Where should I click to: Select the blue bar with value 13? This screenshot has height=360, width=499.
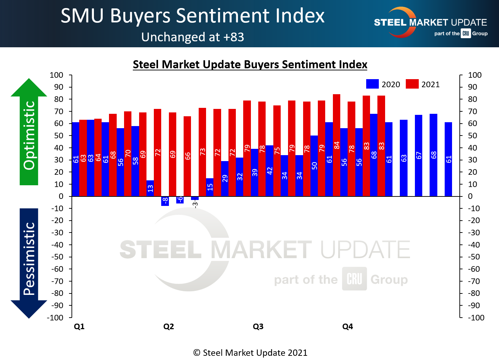150,188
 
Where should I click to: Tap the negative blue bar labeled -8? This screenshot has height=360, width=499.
165,201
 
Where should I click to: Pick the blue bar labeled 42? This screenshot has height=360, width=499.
269,171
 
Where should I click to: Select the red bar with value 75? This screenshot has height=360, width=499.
277,151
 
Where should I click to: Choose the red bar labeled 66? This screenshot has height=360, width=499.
187,156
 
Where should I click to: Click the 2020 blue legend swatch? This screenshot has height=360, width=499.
372,84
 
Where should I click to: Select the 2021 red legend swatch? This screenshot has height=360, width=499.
412,84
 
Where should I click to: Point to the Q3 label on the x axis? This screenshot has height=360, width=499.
258,327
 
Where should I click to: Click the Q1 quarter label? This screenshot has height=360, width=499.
79,327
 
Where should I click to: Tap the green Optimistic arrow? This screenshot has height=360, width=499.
29,133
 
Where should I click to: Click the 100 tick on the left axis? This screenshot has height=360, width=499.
56,75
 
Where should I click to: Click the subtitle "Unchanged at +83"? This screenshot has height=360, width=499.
192,37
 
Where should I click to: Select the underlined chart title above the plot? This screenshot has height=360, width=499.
250,64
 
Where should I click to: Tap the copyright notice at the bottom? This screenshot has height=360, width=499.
250,353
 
